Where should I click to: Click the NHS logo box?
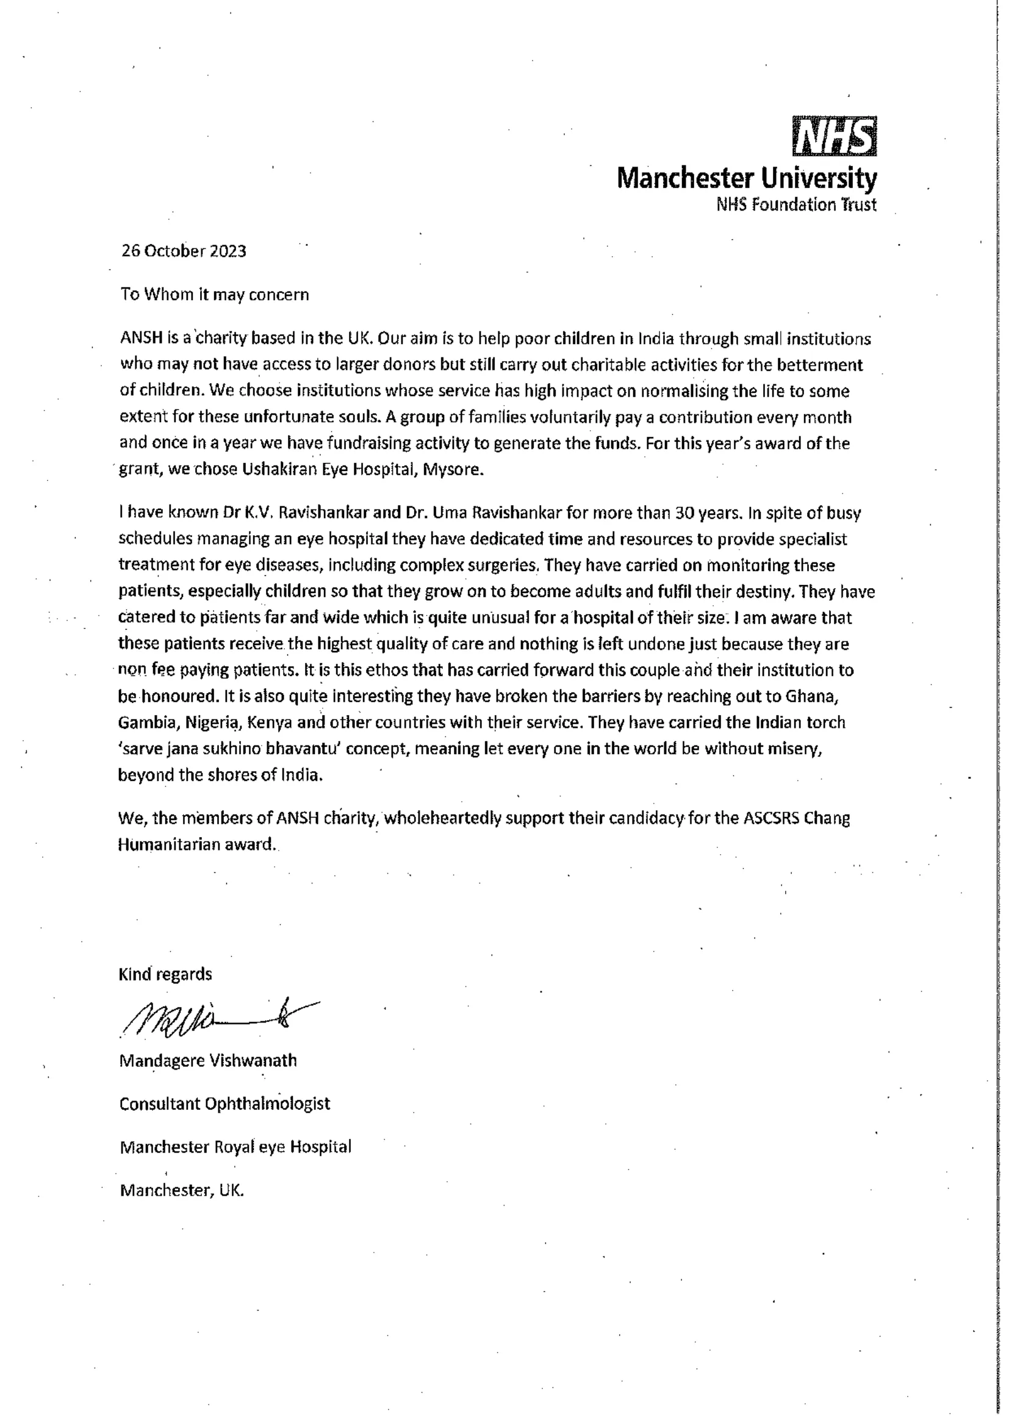[834, 136]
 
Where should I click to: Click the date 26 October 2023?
[183, 251]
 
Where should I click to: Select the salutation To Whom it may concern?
[214, 295]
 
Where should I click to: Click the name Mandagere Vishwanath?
[207, 1060]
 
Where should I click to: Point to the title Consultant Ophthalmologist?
[224, 1104]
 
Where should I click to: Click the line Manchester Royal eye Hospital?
[235, 1147]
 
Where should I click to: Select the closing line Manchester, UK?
[181, 1190]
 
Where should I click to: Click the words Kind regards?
[165, 974]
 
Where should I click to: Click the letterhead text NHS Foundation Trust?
[796, 204]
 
